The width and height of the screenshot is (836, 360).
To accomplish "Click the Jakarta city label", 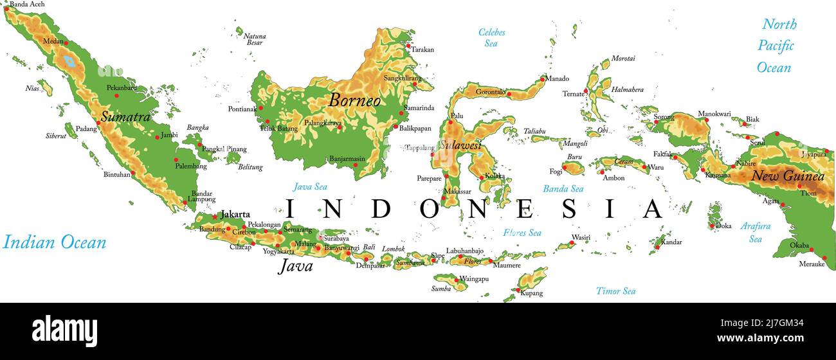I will (235, 215).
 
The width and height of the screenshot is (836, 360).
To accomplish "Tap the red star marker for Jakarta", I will (215, 216).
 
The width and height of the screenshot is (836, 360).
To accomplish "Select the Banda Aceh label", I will (27, 4).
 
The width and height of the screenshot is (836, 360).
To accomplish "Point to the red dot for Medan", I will (66, 43).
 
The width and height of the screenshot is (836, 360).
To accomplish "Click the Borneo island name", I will (354, 100).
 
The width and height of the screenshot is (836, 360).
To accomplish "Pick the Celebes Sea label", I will (491, 38).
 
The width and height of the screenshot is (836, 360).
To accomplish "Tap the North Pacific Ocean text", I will (776, 46).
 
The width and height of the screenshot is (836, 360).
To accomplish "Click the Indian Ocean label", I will (54, 242).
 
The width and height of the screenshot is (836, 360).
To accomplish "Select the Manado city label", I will (558, 79).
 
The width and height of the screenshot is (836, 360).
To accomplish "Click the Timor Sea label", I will (615, 291).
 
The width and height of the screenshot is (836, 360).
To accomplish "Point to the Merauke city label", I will (811, 264).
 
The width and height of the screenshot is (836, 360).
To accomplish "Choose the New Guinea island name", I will (788, 176).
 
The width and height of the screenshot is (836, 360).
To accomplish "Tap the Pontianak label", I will (242, 109).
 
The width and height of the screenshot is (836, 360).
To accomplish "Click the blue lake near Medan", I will (69, 62).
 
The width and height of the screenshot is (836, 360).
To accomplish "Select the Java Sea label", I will (310, 187).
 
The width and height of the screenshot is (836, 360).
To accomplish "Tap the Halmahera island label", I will (627, 90).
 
